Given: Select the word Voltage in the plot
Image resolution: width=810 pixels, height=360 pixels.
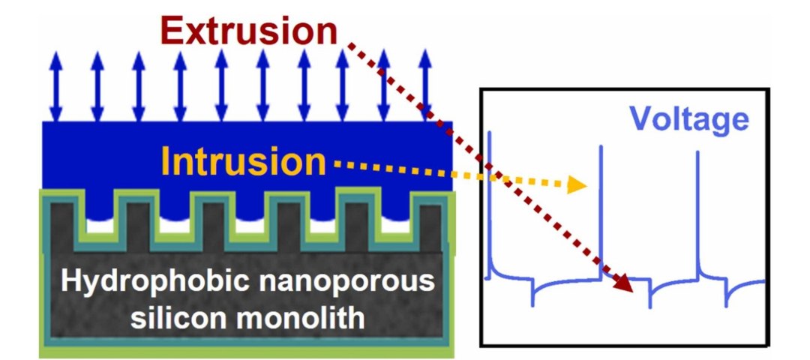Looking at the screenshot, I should pos(688,119).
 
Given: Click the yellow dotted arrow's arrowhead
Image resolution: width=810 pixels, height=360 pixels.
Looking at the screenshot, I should pos(577,184).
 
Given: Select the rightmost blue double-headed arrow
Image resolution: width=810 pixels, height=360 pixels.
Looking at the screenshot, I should pos(424,88).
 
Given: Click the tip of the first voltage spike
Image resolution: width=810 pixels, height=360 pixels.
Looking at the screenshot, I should pos(489,133).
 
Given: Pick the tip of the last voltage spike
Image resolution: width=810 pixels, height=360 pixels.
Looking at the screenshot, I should pos(697,152).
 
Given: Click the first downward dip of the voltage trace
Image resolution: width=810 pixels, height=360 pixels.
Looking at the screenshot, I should pos(533,304).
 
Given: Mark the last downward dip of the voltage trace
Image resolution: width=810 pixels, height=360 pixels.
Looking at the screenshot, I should pos(725,305).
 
